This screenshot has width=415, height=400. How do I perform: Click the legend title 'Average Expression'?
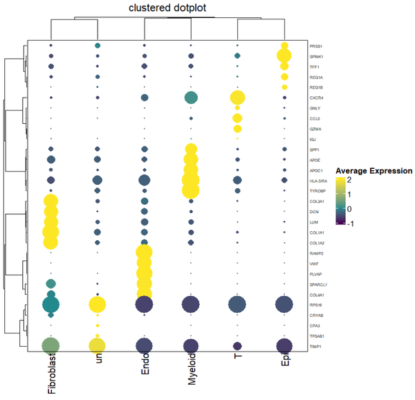tap(373, 171)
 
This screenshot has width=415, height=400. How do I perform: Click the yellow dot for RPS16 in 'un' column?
tap(98, 304)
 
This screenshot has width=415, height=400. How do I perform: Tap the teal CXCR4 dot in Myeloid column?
tap(191, 98)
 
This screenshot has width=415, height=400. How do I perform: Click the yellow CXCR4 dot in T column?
tap(237, 98)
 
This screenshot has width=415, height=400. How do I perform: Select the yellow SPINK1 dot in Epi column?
tap(284, 56)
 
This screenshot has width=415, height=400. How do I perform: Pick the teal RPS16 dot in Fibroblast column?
tap(50, 304)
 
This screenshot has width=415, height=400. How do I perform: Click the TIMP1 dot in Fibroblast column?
tap(50, 345)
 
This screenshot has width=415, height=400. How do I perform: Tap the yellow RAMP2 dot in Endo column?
tap(144, 253)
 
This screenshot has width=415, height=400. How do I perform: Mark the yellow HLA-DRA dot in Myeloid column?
tap(191, 181)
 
